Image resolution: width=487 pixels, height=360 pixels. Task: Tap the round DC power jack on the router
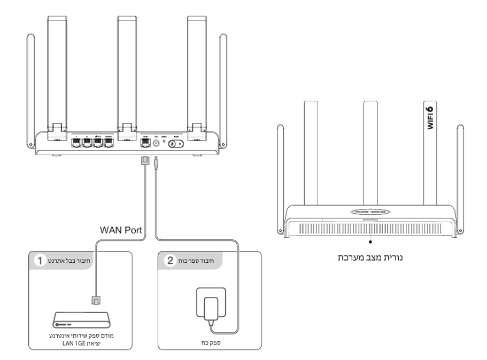pyautogui.click(x=156, y=143)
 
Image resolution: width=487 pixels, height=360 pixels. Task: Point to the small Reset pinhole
pyautogui.click(x=163, y=143)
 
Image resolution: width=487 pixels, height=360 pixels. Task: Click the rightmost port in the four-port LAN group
pyautogui.click(x=109, y=143)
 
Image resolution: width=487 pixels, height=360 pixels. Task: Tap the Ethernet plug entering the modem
pyautogui.click(x=96, y=300)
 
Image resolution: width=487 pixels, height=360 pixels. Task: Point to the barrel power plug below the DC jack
pyautogui.click(x=155, y=163)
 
